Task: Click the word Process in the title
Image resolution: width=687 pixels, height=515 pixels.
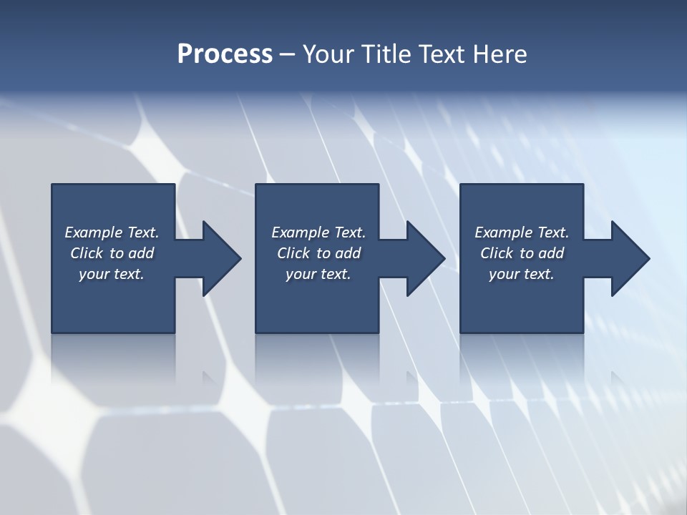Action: [225, 54]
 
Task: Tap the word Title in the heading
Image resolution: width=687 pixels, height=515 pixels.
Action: [385, 54]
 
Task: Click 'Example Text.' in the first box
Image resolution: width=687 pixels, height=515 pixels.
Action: [112, 232]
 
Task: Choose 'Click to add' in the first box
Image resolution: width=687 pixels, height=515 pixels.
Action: [112, 253]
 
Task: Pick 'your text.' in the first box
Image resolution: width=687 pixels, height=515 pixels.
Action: [112, 274]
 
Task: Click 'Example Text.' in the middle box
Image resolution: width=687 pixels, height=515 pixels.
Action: [318, 232]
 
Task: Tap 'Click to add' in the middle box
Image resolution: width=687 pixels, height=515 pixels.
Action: [318, 253]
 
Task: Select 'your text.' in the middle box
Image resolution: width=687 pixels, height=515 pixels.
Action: [318, 274]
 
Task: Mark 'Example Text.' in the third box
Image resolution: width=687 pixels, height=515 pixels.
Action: [522, 232]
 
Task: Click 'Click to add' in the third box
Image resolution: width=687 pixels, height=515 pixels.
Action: [522, 253]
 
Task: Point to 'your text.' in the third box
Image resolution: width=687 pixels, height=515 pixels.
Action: [522, 274]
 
